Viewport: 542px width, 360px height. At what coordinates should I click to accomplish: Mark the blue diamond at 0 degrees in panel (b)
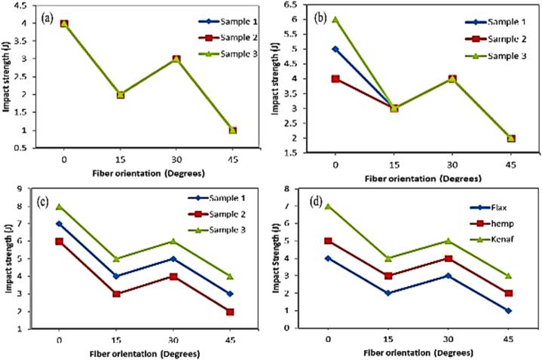pyautogui.click(x=335, y=49)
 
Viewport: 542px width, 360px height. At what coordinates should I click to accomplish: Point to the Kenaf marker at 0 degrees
pyautogui.click(x=328, y=206)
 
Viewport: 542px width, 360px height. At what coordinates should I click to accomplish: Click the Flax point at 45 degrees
pyautogui.click(x=509, y=310)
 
